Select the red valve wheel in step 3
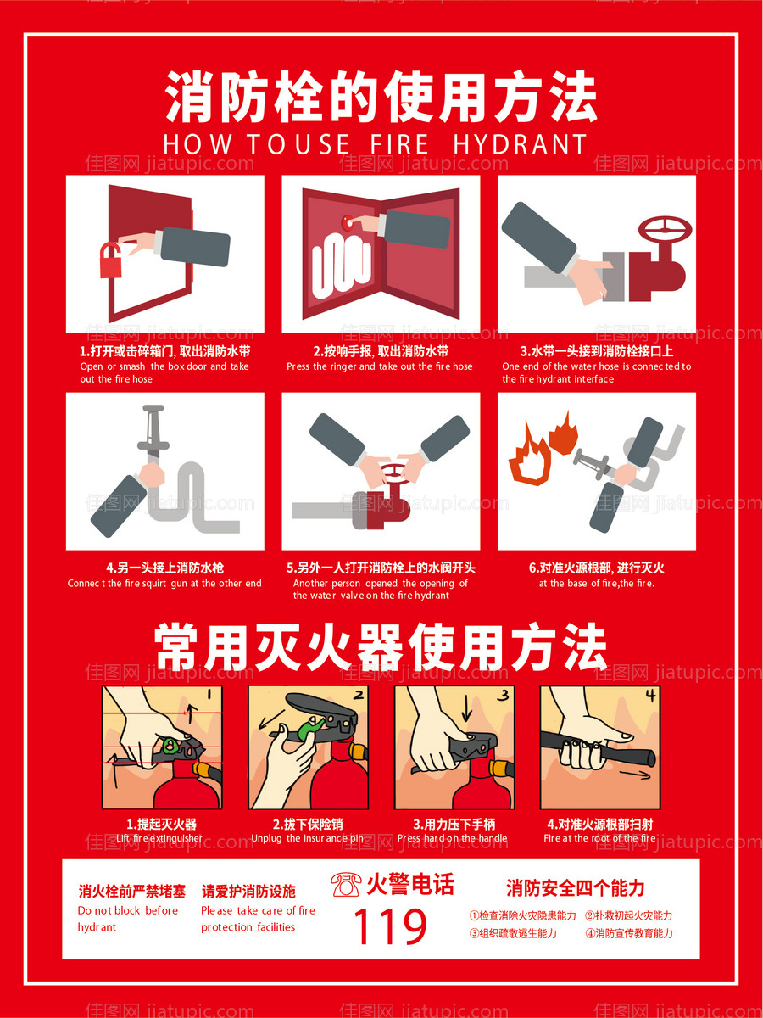tap(665, 230)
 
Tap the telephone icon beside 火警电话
tap(345, 885)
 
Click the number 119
tap(390, 927)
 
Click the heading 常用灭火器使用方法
tap(381, 649)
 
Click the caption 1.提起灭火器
tap(161, 824)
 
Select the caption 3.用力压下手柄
tap(454, 824)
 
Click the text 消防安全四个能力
tap(575, 888)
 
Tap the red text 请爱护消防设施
tap(248, 891)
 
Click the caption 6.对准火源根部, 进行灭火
tap(596, 568)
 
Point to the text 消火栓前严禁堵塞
tap(131, 891)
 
